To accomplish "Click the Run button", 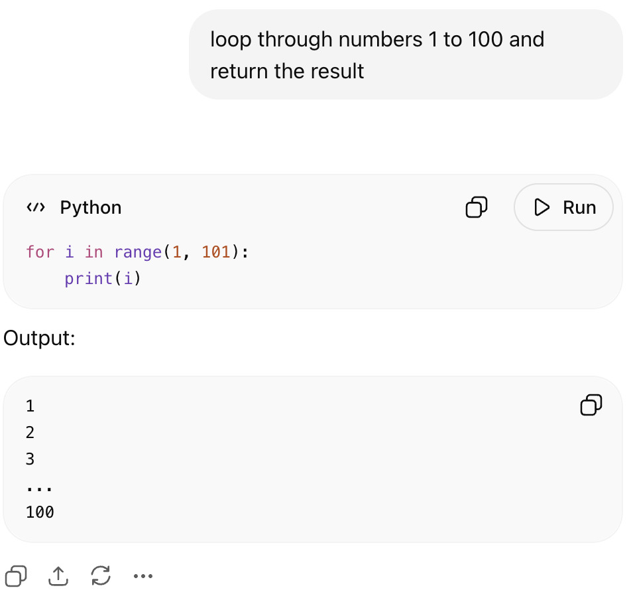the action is click(x=563, y=207).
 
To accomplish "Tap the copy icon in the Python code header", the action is click(x=477, y=207).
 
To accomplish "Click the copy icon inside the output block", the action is click(x=591, y=404).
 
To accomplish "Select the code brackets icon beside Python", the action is click(x=36, y=208).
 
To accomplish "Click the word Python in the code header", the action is click(x=91, y=208).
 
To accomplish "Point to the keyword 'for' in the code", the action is click(x=40, y=252).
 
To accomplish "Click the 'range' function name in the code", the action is click(x=138, y=253).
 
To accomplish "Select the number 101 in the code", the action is click(x=216, y=252).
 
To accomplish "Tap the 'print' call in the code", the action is click(x=88, y=278).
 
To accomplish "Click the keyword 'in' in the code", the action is click(x=93, y=252).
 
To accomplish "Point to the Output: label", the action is click(x=40, y=338).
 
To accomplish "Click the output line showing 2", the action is click(x=30, y=432).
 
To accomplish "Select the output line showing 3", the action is click(x=30, y=459).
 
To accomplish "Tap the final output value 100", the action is click(x=40, y=512).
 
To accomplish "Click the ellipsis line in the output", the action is click(x=39, y=489).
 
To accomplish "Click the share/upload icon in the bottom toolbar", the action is click(x=58, y=576).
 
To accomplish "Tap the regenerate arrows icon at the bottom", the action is click(x=101, y=575).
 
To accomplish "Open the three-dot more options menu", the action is click(x=143, y=576).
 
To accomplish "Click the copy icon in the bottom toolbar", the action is click(x=16, y=576).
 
